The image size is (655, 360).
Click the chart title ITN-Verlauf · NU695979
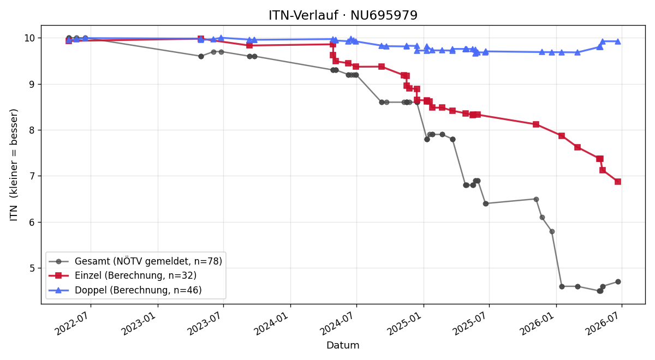coord(343,15)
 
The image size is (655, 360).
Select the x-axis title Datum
coord(343,345)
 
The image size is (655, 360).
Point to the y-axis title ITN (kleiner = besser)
coord(14,165)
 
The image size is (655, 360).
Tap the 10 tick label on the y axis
coord(30,38)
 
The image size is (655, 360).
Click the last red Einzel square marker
coord(618,182)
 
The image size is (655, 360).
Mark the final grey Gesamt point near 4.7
coord(618,281)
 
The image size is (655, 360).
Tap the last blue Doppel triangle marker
coord(618,41)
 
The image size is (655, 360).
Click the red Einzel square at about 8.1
coord(536,124)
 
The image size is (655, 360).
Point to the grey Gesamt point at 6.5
coord(536,199)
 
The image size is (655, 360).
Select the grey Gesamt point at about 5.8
coord(552,231)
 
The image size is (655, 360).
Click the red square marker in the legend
coord(58,275)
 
